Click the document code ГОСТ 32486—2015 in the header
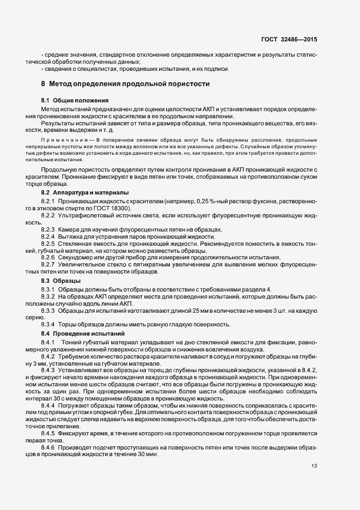click(x=294, y=40)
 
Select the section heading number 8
click(x=43, y=84)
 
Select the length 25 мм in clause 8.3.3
click(x=176, y=310)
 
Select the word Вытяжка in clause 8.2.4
click(x=71, y=236)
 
